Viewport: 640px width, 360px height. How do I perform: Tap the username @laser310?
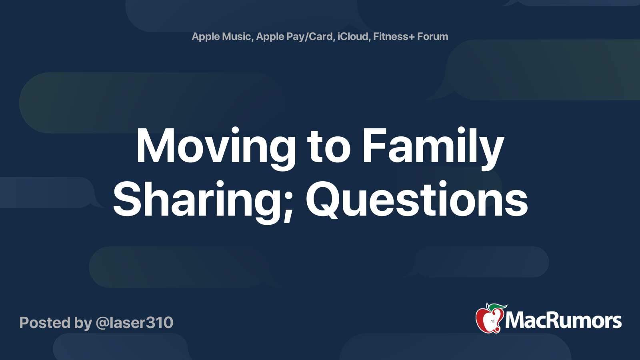134,323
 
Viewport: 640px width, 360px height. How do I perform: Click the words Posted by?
56,323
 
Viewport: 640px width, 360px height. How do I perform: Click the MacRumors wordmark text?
563,321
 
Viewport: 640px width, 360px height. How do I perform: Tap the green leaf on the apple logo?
498,307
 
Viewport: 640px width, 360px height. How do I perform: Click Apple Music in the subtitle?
221,36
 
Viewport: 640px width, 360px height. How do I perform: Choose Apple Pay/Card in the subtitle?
294,36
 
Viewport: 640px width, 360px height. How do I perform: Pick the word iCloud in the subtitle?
353,36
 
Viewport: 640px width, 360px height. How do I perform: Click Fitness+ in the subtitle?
394,36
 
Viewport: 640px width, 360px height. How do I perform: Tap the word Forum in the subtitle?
432,36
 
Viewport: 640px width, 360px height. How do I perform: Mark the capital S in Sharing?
128,199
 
